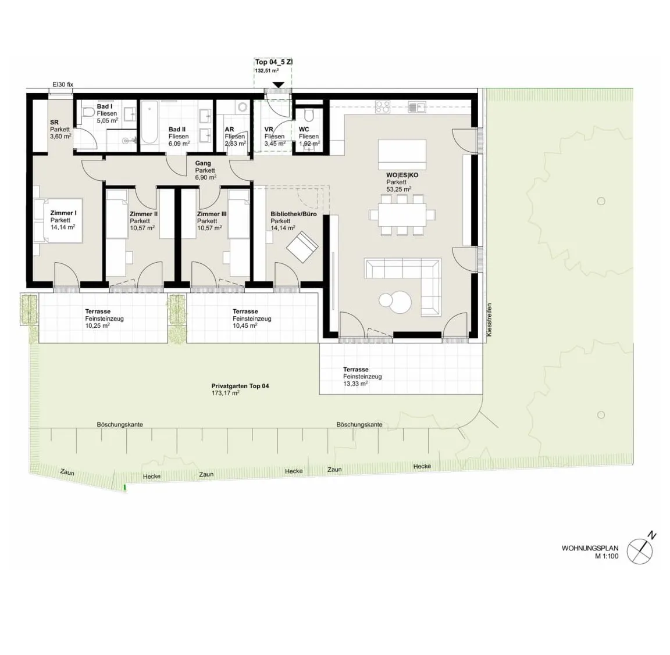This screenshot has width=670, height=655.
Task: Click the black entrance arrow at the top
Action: pyautogui.click(x=278, y=85)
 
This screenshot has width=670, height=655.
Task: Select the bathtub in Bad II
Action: pyautogui.click(x=149, y=122)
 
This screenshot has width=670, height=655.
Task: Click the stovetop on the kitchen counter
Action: pyautogui.click(x=383, y=106)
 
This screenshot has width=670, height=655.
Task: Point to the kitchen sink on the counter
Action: pyautogui.click(x=417, y=107)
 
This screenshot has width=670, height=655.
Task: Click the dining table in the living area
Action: pyautogui.click(x=402, y=214)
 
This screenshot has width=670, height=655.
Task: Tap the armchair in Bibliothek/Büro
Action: pyautogui.click(x=302, y=247)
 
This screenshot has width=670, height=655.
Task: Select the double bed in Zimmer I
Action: pyautogui.click(x=58, y=220)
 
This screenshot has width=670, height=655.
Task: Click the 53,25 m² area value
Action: pyautogui.click(x=398, y=189)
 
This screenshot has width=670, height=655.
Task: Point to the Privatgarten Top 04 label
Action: pyautogui.click(x=240, y=386)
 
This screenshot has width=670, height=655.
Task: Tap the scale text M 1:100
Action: pyautogui.click(x=607, y=556)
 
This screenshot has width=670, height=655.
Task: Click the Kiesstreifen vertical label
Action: pyautogui.click(x=489, y=320)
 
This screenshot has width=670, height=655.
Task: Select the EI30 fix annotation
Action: pyautogui.click(x=63, y=84)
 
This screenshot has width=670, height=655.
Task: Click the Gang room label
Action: pyautogui.click(x=203, y=163)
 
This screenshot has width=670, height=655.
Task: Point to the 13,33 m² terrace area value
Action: pyautogui.click(x=355, y=384)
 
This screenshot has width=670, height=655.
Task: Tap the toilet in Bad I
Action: pyautogui.click(x=89, y=112)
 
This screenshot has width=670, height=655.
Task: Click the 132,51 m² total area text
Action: pyautogui.click(x=267, y=71)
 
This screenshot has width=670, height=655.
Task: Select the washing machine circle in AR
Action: pyautogui.click(x=243, y=107)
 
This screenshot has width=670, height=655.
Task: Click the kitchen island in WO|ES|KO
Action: pyautogui.click(x=402, y=154)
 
